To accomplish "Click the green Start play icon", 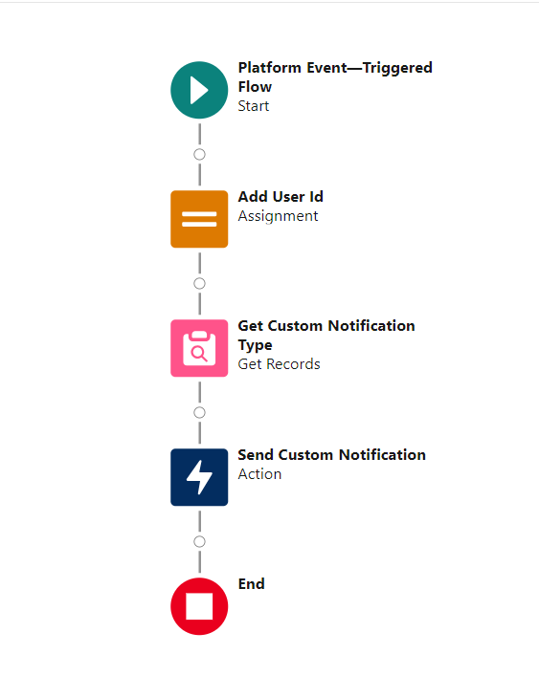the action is [199, 90].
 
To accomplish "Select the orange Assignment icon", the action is [199, 219].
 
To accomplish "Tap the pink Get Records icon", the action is [199, 348].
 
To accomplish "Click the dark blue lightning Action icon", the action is [199, 477].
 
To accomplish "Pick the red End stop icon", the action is [199, 606].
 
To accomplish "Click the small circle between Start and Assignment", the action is [199, 154].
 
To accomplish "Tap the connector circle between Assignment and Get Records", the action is [199, 284].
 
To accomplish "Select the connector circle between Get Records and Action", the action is [199, 413].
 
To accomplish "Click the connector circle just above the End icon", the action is [199, 541].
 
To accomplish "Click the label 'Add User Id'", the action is [281, 197].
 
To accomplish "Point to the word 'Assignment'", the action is [278, 216].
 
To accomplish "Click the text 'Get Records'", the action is [279, 364].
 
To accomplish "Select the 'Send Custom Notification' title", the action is [332, 455].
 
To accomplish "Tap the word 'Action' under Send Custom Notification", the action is [259, 474].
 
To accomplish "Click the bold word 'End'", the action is [251, 584].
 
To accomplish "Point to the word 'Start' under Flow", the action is [254, 106].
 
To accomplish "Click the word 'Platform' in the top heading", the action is [270, 68].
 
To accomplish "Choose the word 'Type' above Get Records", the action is [255, 345].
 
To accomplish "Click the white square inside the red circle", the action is [199, 606].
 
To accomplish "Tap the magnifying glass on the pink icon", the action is [199, 354].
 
